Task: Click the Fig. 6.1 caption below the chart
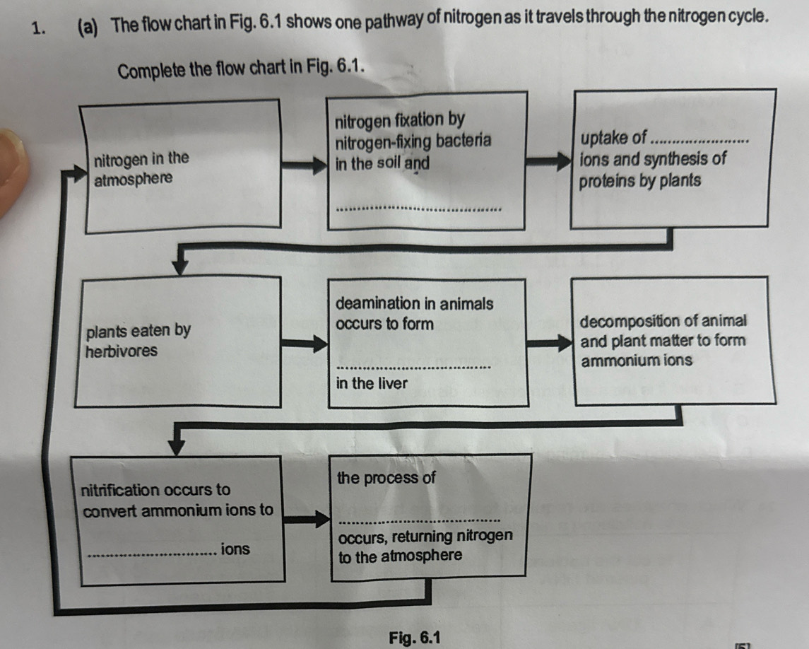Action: point(415,637)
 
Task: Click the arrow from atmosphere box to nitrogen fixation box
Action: point(305,166)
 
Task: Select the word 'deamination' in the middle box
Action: point(377,304)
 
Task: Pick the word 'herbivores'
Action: point(121,351)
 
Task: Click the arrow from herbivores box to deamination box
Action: point(305,344)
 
